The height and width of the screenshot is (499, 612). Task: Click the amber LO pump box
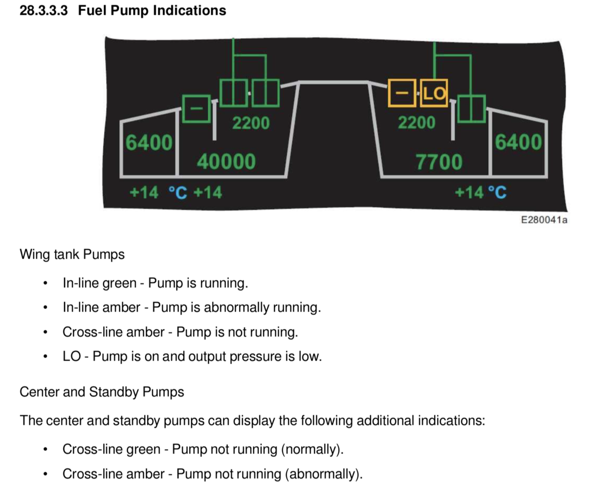pyautogui.click(x=434, y=93)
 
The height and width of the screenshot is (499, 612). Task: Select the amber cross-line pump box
pyautogui.click(x=402, y=93)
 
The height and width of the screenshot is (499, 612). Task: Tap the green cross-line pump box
pyautogui.click(x=196, y=109)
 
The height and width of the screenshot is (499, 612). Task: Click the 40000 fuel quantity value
pyautogui.click(x=226, y=162)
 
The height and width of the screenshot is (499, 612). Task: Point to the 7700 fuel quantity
pyautogui.click(x=439, y=162)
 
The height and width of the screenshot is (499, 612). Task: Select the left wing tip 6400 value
pyautogui.click(x=149, y=143)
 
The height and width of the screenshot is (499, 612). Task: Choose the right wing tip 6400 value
pyautogui.click(x=518, y=142)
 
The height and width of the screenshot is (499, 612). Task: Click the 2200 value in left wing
pyautogui.click(x=250, y=123)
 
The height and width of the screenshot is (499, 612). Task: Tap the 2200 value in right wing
pyautogui.click(x=416, y=122)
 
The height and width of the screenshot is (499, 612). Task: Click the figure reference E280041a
pyautogui.click(x=544, y=220)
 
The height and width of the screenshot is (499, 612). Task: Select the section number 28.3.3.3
pyautogui.click(x=44, y=11)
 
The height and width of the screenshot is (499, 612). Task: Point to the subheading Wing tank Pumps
pyautogui.click(x=72, y=254)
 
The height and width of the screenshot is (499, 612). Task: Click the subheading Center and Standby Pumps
pyautogui.click(x=101, y=392)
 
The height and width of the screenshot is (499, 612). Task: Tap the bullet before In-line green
pyautogui.click(x=45, y=283)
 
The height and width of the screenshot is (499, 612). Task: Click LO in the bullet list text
pyautogui.click(x=72, y=356)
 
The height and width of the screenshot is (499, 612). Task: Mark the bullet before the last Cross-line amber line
pyautogui.click(x=45, y=474)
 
